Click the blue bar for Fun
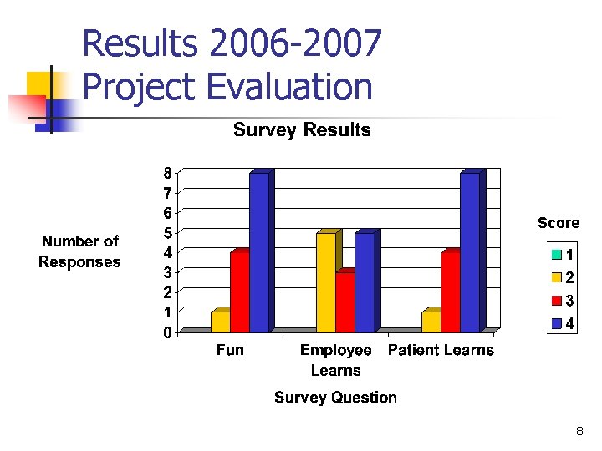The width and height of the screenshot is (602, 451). point(259,253)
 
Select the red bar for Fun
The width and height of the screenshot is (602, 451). point(240,292)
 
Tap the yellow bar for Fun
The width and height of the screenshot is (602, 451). point(221,322)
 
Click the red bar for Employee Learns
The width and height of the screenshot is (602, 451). point(345,302)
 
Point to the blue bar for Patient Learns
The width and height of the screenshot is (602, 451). point(470,253)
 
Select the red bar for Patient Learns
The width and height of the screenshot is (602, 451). point(451,292)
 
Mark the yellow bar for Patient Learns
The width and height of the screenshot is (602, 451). point(431,322)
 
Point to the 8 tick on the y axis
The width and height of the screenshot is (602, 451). point(167,173)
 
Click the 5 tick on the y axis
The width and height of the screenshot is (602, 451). point(167,233)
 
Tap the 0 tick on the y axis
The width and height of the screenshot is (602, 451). point(167,333)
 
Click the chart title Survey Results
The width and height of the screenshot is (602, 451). point(302,130)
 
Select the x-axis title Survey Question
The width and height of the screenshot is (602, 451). point(335,398)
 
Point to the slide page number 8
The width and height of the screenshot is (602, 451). point(579,432)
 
